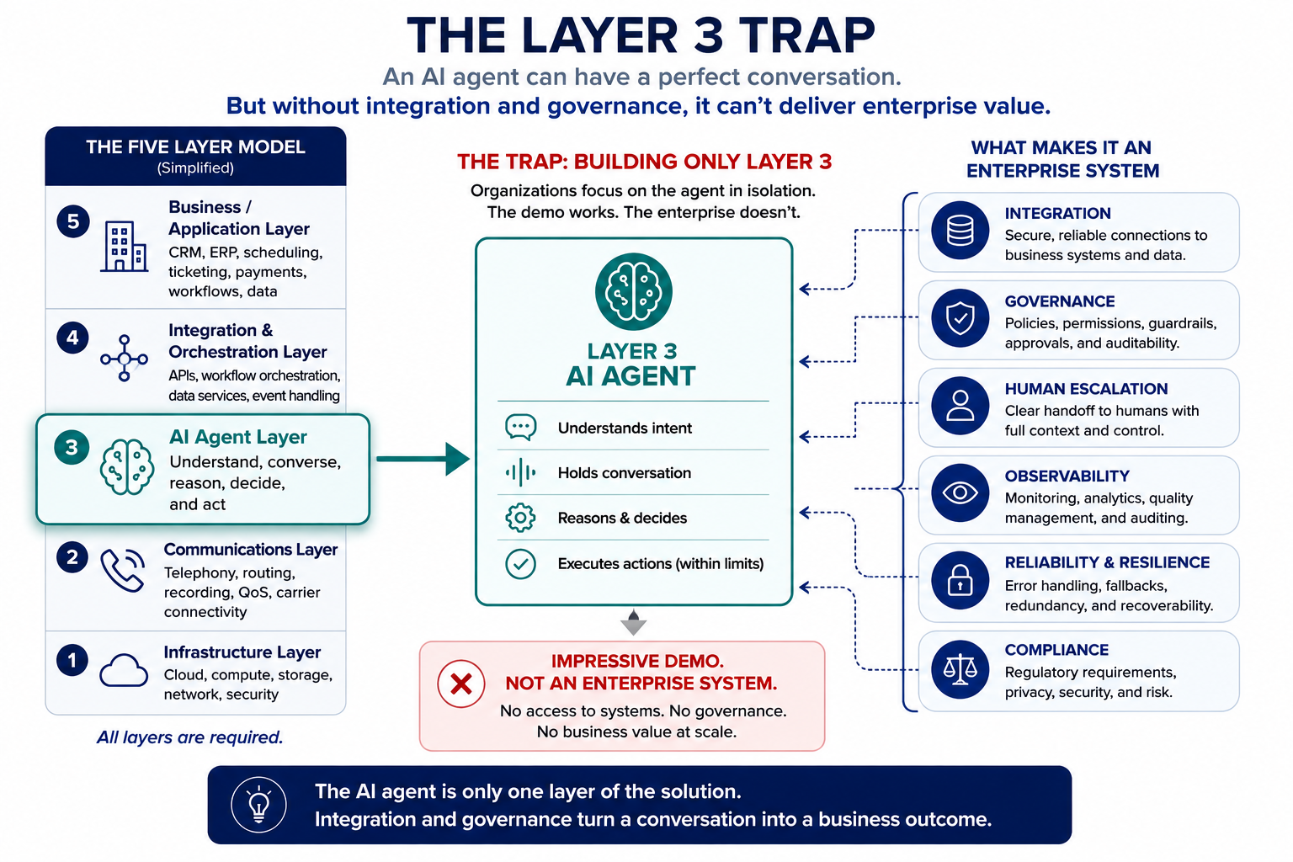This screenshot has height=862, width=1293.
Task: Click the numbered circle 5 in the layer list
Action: pyautogui.click(x=72, y=221)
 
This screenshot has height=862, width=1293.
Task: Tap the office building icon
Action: pyautogui.click(x=124, y=247)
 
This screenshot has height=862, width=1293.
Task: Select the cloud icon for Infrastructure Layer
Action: pyautogui.click(x=124, y=670)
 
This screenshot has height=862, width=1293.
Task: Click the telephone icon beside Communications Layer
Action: pyautogui.click(x=122, y=571)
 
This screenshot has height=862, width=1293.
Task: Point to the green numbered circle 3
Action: pyautogui.click(x=72, y=447)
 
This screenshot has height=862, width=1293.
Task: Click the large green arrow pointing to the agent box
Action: pyautogui.click(x=423, y=459)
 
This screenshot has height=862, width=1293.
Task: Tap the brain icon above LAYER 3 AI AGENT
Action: pyautogui.click(x=633, y=291)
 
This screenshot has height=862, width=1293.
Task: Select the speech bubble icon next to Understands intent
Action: pyautogui.click(x=521, y=428)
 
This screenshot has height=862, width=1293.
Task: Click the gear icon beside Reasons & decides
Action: pyautogui.click(x=520, y=518)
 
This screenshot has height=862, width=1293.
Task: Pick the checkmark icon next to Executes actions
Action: pyautogui.click(x=521, y=563)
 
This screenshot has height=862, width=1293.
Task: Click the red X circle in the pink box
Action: pyautogui.click(x=460, y=684)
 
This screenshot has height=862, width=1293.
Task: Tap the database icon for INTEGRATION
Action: pyautogui.click(x=960, y=231)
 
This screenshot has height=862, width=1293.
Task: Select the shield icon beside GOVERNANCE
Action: pyautogui.click(x=960, y=318)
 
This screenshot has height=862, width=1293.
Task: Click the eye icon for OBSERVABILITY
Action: pyautogui.click(x=960, y=493)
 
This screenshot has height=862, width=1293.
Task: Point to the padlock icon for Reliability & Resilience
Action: pyautogui.click(x=960, y=580)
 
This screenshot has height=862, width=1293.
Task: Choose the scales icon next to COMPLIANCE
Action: pyautogui.click(x=960, y=669)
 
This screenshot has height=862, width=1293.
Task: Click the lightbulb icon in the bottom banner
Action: pyautogui.click(x=258, y=805)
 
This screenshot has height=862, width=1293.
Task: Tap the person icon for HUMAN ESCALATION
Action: pyautogui.click(x=960, y=406)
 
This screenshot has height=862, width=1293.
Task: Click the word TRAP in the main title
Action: pyautogui.click(x=807, y=36)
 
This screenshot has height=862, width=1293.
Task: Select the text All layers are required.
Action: pyautogui.click(x=189, y=737)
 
